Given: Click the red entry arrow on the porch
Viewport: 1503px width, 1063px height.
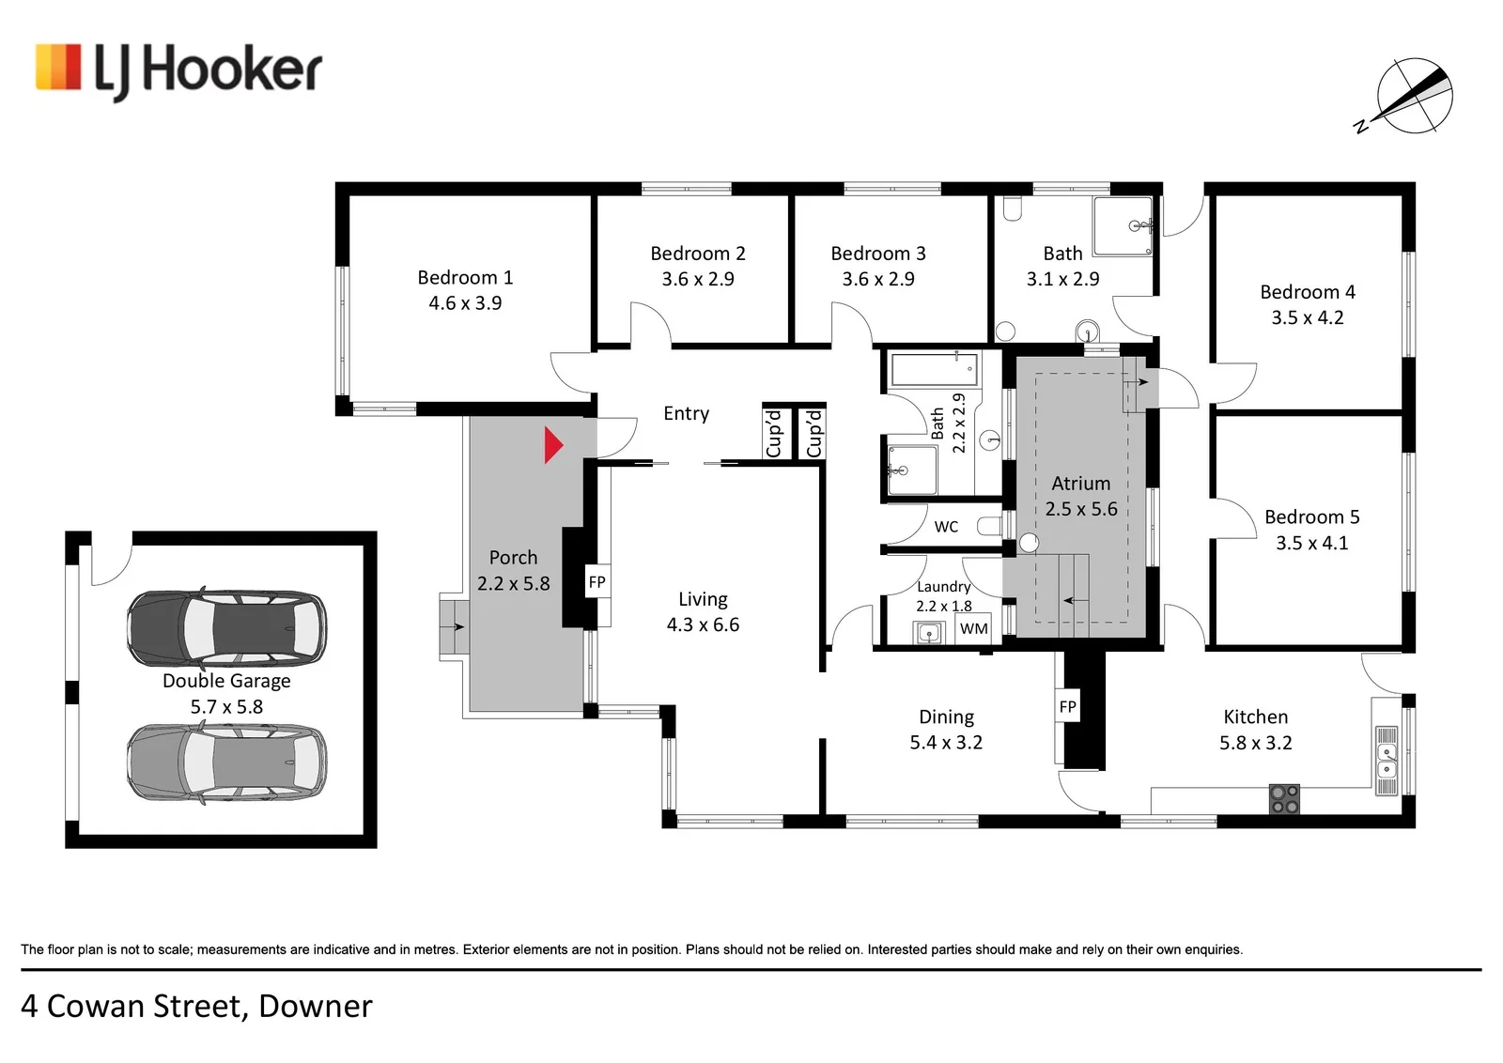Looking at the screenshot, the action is pos(553,445).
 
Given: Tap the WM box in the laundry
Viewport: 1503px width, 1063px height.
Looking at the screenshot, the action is pos(973,628).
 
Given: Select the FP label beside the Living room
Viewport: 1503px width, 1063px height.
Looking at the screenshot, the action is pos(597,581).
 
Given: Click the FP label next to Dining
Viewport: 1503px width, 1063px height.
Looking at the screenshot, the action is pos(1067,706).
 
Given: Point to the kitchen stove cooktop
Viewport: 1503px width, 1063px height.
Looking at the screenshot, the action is pos(1284,799).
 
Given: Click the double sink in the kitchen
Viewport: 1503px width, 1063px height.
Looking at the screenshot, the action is pos(1387,761).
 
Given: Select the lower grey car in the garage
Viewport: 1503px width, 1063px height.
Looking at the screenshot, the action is pos(226,763).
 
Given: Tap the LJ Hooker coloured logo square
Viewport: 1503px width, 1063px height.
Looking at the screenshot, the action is pos(58,67).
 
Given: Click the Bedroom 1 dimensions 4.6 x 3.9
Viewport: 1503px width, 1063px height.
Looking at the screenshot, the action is pos(465,303).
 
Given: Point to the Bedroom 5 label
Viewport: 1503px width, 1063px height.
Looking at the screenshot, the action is pos(1311,517).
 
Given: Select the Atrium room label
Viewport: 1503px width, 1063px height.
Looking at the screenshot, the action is pos(1081,484).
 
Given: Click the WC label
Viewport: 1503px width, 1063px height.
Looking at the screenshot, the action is pos(946,527).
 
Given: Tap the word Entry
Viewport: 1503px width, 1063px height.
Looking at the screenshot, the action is pos(686,414).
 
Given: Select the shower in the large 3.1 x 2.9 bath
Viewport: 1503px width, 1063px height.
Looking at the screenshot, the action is pos(1123,226).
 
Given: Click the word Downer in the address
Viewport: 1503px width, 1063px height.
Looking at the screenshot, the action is pos(316,1006).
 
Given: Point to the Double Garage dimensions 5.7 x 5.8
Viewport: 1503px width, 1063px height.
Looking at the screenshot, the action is pos(226,707).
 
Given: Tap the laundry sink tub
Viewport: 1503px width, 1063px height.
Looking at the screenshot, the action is pos(929,632).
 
